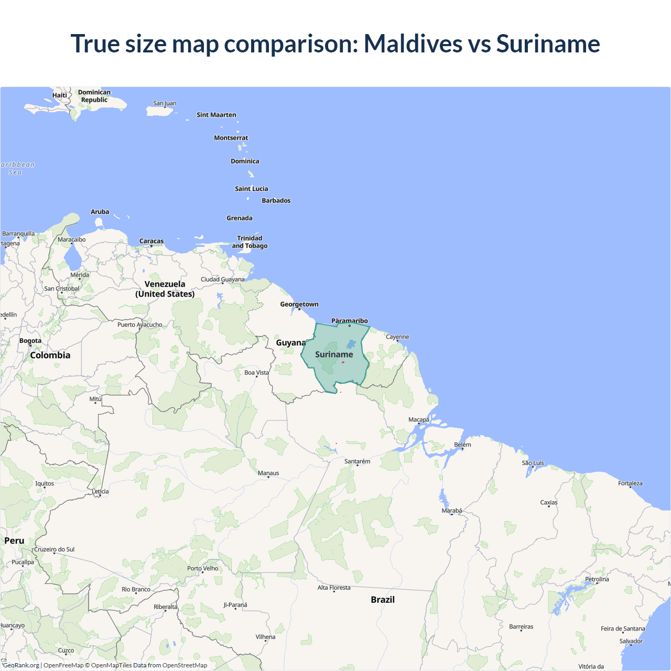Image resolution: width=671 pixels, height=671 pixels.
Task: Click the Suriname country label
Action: [x=334, y=354]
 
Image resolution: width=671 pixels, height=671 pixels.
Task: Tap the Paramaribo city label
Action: [x=350, y=321]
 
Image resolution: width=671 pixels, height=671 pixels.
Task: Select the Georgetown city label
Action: [x=299, y=304]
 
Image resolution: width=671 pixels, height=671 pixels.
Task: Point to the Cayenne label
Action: [x=397, y=337]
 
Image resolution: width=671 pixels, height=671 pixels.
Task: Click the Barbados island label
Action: [x=276, y=200]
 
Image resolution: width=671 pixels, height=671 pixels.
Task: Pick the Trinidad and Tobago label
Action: [x=250, y=242]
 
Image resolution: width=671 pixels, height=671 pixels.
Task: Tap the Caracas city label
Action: [x=151, y=241]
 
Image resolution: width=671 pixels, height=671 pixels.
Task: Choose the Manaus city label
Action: [x=268, y=473]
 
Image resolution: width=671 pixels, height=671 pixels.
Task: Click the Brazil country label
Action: [x=383, y=600]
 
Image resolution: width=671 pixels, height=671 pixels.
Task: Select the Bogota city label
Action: [x=30, y=341]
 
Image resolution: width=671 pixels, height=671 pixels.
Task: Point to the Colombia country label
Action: [x=50, y=355]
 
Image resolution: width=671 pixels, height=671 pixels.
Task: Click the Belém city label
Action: [x=462, y=445]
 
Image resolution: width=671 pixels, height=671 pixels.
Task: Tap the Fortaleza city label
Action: [x=630, y=483]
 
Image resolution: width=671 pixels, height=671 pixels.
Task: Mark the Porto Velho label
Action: [x=202, y=568]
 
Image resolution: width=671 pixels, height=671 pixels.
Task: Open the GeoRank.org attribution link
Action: [x=21, y=665]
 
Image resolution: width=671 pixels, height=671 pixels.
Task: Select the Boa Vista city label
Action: [x=256, y=373]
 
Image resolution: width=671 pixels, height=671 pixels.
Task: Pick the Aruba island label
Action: [x=100, y=212]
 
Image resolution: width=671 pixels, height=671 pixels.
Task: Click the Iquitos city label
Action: [x=45, y=483]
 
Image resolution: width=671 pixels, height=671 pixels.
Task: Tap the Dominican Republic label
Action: [x=94, y=96]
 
